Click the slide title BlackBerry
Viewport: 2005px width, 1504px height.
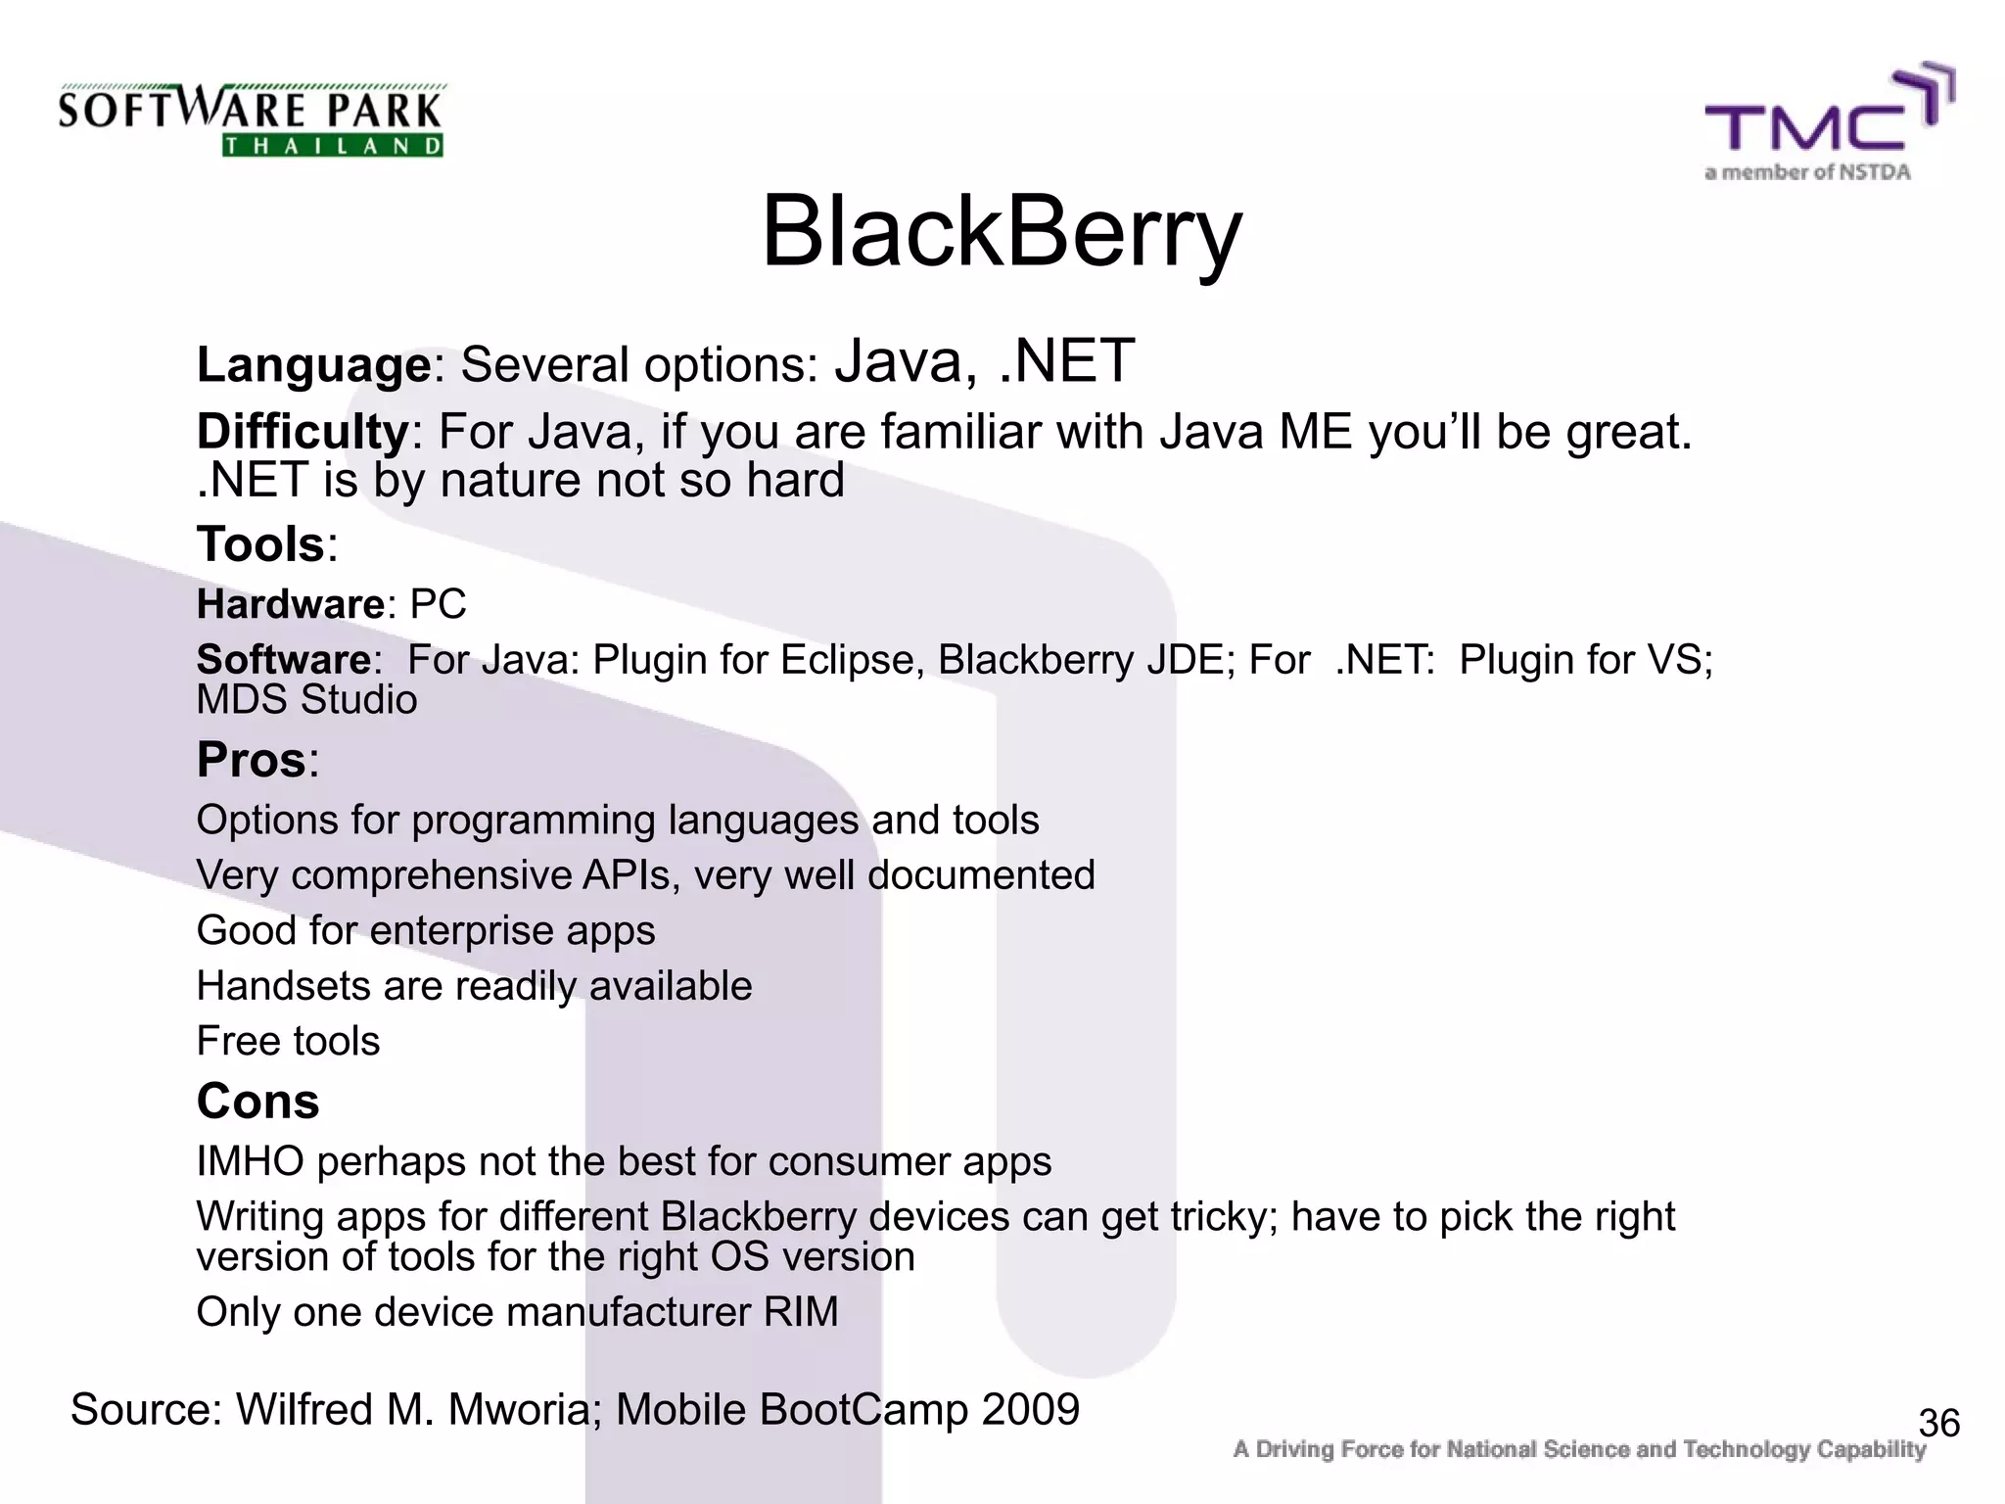click(x=1001, y=233)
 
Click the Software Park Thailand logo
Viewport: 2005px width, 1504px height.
click(x=252, y=120)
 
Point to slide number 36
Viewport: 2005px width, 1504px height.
click(x=1938, y=1423)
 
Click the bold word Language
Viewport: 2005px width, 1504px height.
click(x=313, y=366)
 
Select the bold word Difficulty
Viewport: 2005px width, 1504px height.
click(x=303, y=432)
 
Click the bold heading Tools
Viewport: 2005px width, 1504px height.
click(x=260, y=544)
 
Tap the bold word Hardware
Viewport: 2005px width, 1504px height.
click(x=291, y=604)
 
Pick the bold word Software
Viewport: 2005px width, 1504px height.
click(x=284, y=660)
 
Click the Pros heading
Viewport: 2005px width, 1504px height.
click(x=252, y=760)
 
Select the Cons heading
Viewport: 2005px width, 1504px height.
click(x=257, y=1102)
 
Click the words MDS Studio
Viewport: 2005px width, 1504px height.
click(x=306, y=700)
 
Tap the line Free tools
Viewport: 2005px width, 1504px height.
click(x=288, y=1041)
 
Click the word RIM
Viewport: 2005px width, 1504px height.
click(x=801, y=1312)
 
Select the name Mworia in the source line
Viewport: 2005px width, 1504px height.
click(x=519, y=1410)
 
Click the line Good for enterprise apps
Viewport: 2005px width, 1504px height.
click(x=426, y=931)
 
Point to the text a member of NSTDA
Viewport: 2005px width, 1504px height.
click(x=1807, y=173)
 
